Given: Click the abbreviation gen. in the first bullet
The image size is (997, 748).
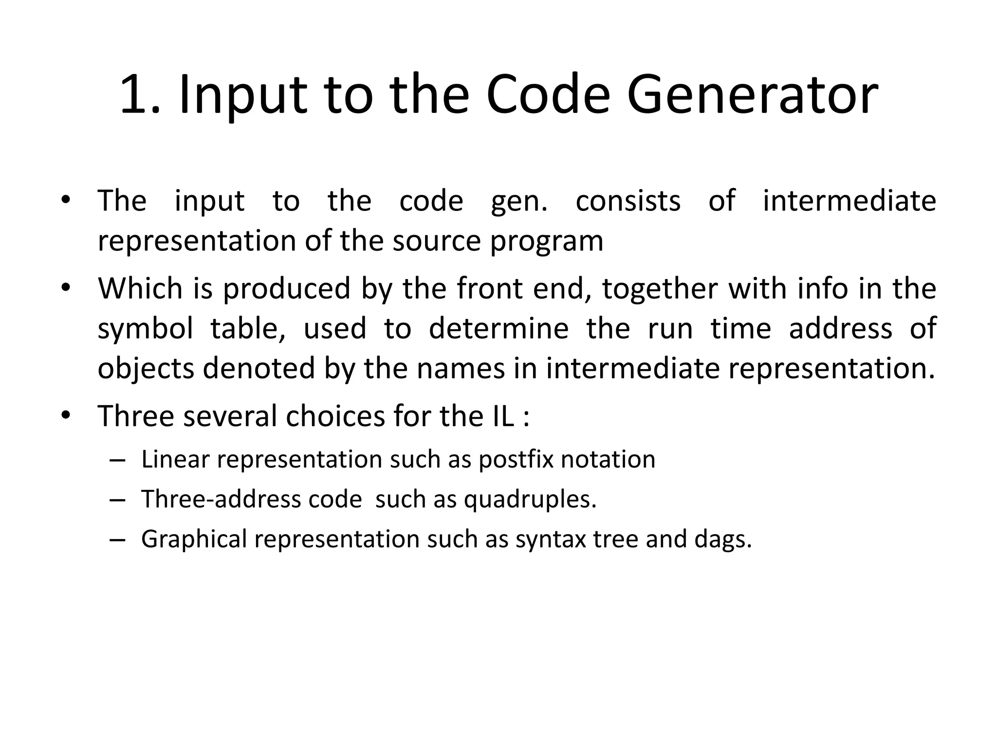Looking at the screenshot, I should [x=519, y=202].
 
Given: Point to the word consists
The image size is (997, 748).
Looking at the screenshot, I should [x=628, y=201].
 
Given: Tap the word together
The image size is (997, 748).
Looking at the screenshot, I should [x=660, y=289].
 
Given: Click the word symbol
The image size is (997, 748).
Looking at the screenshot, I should [x=145, y=329].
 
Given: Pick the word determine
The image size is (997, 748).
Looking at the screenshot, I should [x=498, y=328].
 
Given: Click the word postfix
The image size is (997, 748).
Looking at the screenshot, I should [x=516, y=460].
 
